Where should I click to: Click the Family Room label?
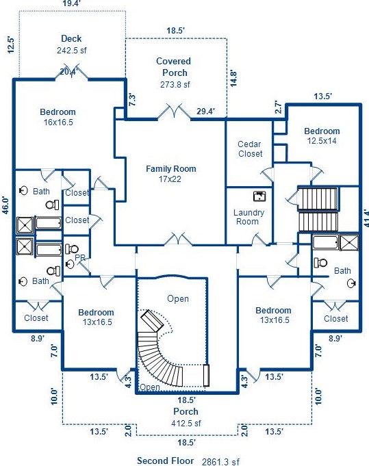[171, 169]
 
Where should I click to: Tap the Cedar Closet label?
[250, 149]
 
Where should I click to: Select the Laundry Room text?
[249, 217]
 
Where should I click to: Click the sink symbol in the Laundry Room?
[259, 196]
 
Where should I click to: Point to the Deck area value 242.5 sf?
[72, 50]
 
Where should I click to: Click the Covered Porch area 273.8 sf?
[175, 85]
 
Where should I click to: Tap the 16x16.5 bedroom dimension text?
[58, 122]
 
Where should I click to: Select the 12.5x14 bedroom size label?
[322, 140]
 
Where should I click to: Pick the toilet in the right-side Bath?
[320, 263]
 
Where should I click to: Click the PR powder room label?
[80, 258]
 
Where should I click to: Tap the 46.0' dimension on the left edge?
[6, 205]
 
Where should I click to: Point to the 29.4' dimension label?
[206, 112]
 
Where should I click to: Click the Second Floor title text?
[165, 461]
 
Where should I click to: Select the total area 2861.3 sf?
[220, 461]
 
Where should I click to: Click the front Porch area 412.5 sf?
[186, 423]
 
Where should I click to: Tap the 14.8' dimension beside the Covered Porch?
[233, 79]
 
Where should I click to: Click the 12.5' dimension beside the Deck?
[11, 44]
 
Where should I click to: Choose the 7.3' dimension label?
[133, 100]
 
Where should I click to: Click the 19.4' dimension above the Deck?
[72, 3]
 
